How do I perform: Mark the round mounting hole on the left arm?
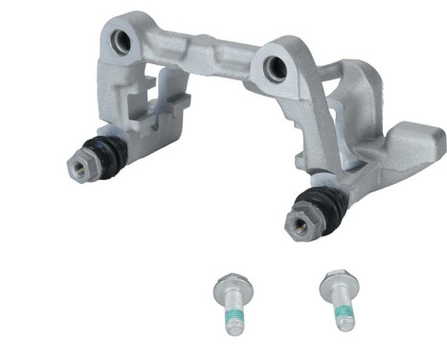click(x=122, y=41)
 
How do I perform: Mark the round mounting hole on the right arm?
click(x=275, y=66)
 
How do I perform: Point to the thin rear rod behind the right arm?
click(x=325, y=67)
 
